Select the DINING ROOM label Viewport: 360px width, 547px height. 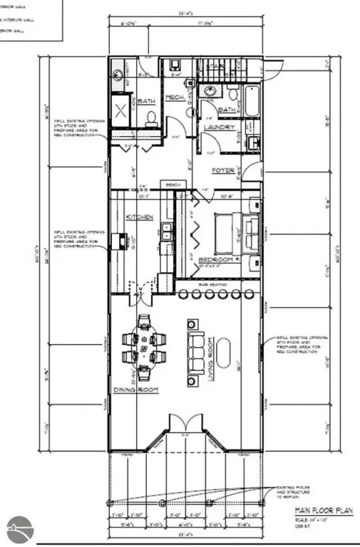click(x=135, y=390)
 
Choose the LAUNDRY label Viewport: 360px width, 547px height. click(x=219, y=127)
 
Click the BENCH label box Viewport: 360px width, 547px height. click(x=172, y=186)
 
